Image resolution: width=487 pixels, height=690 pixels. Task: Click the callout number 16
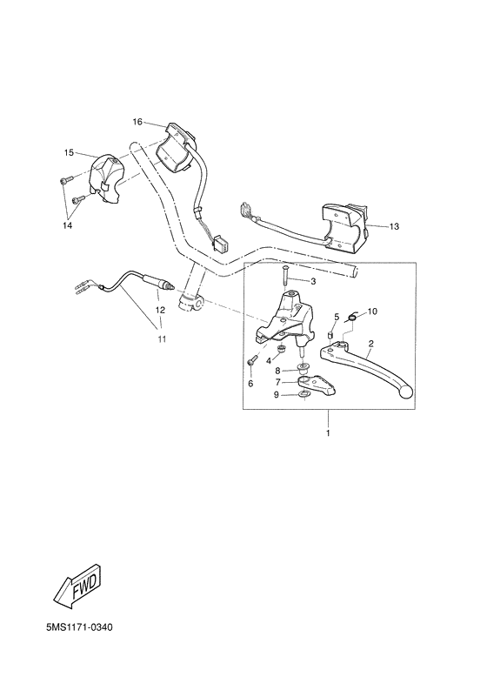tap(137, 121)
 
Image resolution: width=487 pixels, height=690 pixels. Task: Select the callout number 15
tap(68, 152)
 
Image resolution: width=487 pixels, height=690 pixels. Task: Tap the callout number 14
tap(68, 225)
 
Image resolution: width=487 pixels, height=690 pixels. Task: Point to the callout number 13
tap(394, 226)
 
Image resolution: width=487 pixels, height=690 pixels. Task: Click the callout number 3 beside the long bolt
tap(314, 282)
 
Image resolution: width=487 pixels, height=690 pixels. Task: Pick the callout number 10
tap(372, 311)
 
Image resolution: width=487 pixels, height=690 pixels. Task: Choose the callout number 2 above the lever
tap(370, 343)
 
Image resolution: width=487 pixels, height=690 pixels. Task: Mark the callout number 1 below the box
tap(328, 432)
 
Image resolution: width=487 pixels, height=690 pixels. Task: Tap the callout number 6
tap(250, 384)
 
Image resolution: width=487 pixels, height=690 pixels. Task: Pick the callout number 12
tap(159, 309)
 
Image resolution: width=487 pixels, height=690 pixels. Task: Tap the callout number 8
tap(278, 370)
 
